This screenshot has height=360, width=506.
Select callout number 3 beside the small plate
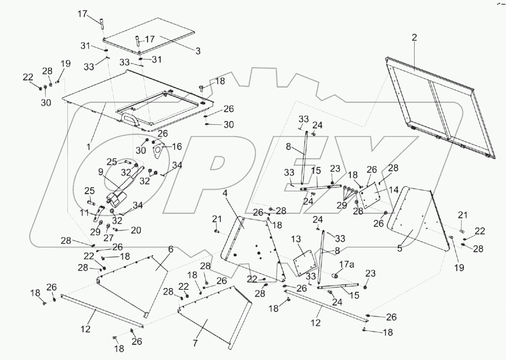click(197, 51)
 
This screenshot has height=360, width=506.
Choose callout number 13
click(296, 240)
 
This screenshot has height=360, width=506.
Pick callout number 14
click(383, 190)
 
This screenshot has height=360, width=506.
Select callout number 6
click(171, 249)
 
